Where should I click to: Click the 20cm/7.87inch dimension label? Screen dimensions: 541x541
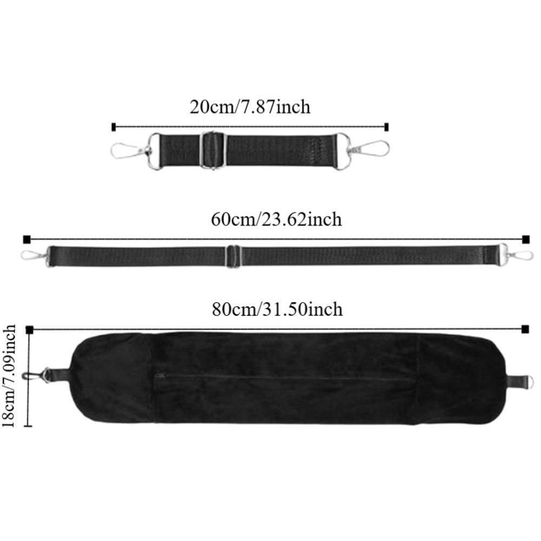point(250,107)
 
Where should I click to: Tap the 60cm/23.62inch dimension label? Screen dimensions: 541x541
point(276,220)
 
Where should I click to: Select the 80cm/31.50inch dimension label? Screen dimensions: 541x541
point(278,309)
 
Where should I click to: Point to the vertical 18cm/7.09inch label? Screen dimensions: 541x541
point(9,376)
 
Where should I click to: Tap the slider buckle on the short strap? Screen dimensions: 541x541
point(213,150)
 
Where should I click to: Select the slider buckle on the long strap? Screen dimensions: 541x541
point(234,256)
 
